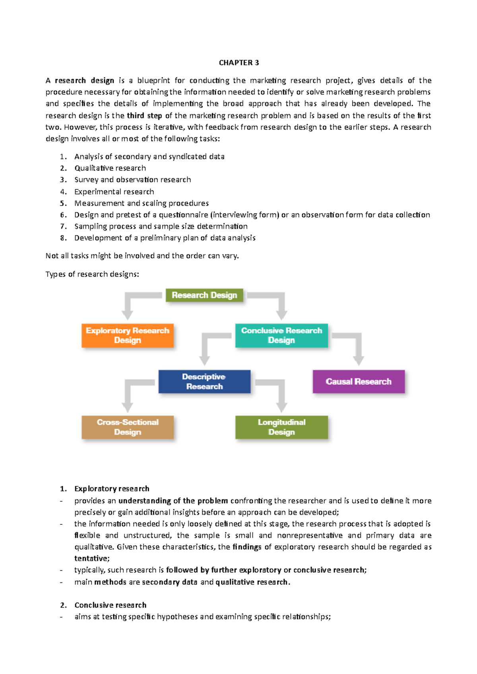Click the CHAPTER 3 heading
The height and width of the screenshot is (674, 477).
tap(238, 63)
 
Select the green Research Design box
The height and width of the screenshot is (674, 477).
tap(204, 295)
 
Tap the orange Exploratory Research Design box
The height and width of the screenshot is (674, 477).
tap(128, 335)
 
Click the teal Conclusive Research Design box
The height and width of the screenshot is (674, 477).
tap(281, 335)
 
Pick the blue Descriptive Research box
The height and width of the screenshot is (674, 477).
tap(204, 381)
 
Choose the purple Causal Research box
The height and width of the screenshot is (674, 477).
tap(359, 381)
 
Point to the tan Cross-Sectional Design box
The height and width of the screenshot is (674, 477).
tap(128, 427)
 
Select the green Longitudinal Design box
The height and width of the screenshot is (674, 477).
tap(281, 427)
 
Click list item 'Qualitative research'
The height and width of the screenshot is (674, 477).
tap(110, 168)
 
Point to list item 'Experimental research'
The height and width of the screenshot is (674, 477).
tap(114, 192)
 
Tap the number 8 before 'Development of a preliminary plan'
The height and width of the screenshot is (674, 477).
tap(63, 238)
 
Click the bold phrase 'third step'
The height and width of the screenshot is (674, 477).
tap(144, 116)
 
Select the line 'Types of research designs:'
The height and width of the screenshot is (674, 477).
tap(92, 274)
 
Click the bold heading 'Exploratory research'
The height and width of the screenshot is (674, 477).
tap(112, 489)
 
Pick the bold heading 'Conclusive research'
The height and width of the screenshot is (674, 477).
tap(110, 605)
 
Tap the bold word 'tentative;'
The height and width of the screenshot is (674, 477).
tap(92, 558)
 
